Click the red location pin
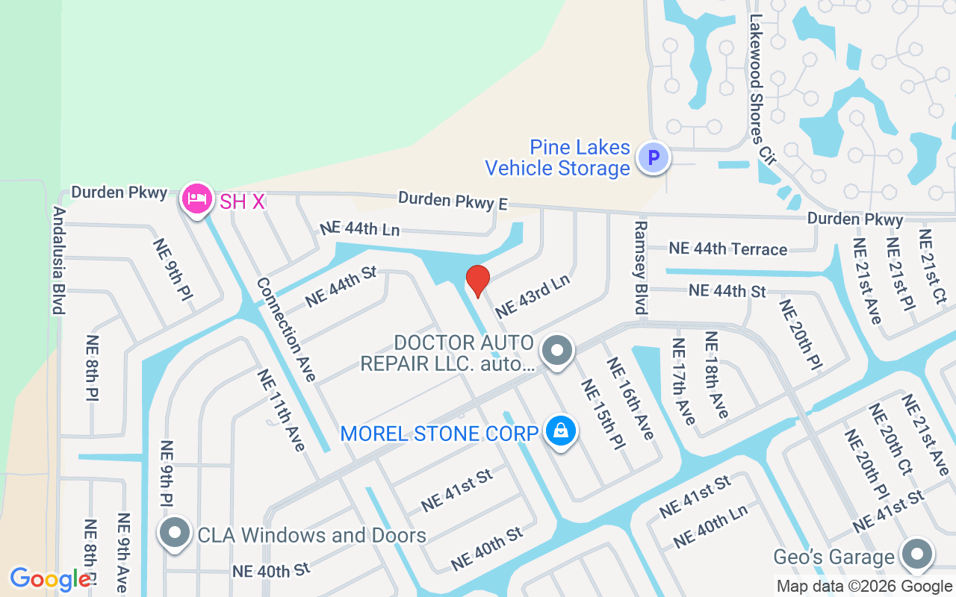pos(477,281)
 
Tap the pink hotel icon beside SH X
pos(196,199)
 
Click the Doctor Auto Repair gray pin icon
pos(556,350)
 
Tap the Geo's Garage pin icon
pos(916,554)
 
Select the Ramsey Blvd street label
pos(640,266)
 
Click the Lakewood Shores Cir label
pos(762,89)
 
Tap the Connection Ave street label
pos(287,329)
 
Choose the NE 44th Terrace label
pos(727,249)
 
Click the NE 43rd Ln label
pos(532,295)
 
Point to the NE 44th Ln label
pos(360,229)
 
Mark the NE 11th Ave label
pos(282,410)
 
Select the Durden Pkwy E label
pos(453,200)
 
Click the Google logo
pos(50,579)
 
